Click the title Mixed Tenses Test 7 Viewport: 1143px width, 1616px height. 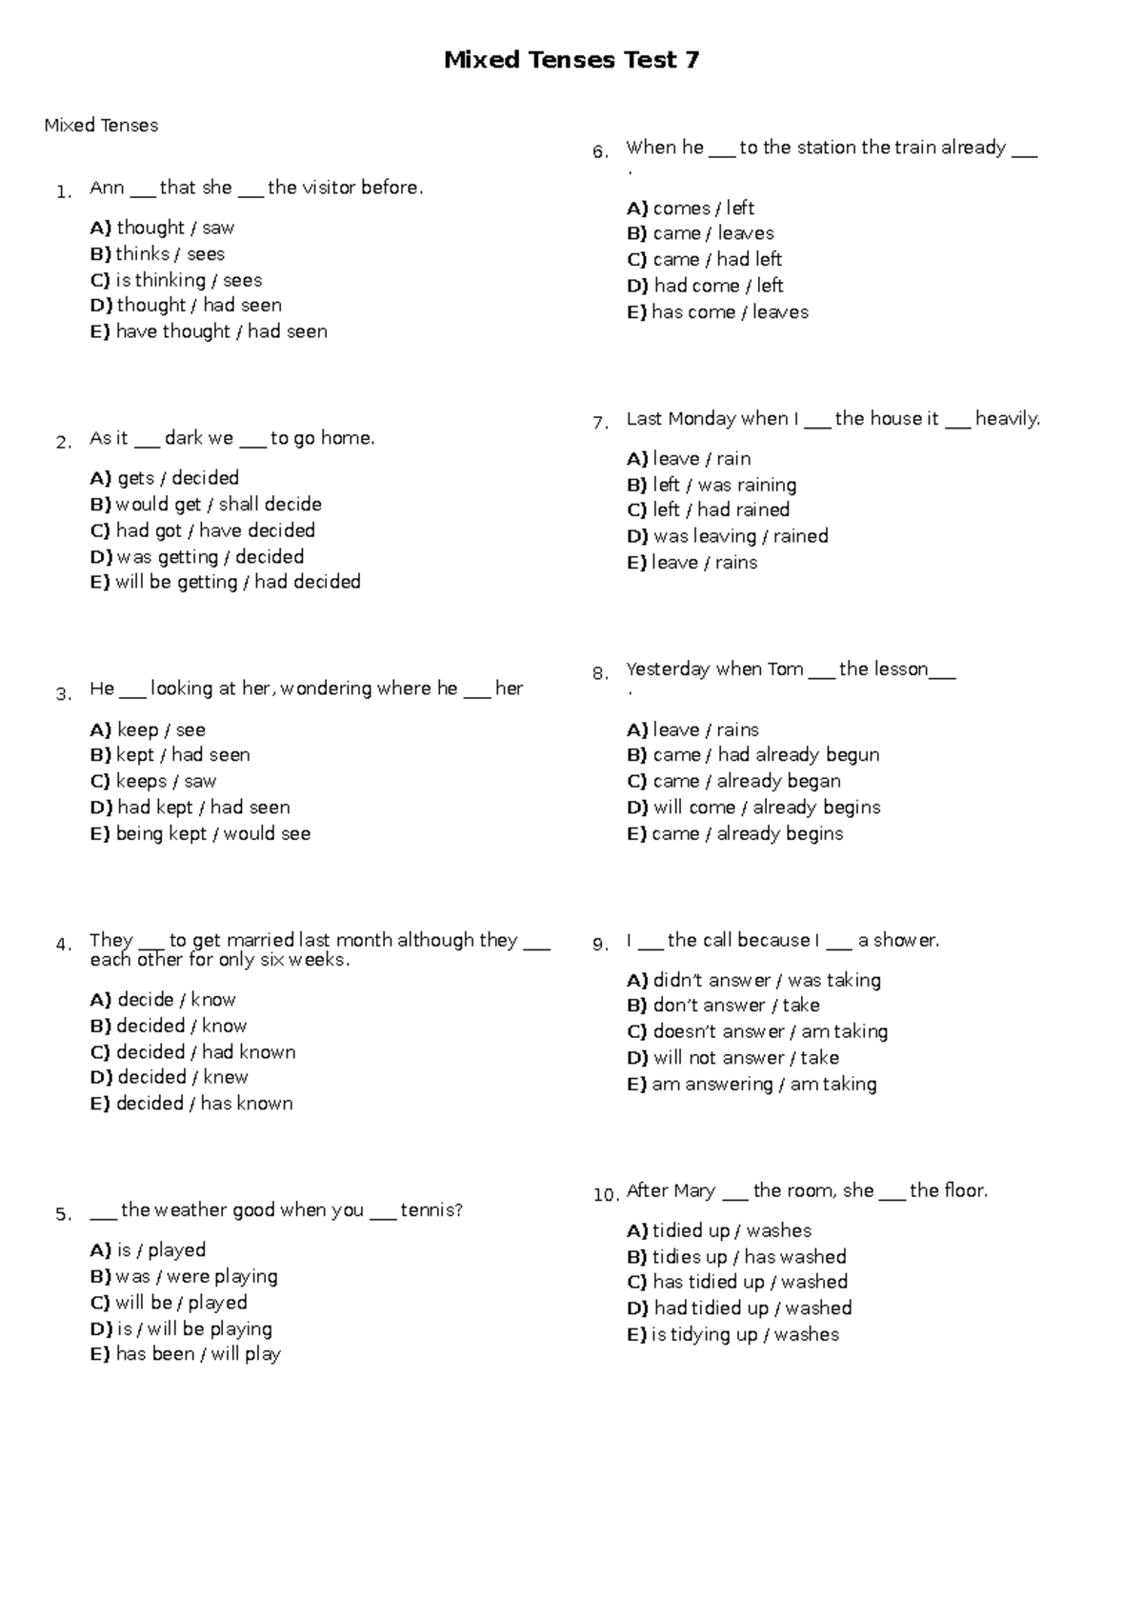pos(571,61)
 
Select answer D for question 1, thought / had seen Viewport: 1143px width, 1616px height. pos(186,306)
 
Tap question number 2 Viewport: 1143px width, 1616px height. pos(63,443)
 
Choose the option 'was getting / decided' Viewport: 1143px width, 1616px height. pos(197,557)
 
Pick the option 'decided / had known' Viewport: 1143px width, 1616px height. pos(192,1052)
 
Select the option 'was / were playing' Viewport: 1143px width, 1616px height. pos(184,1277)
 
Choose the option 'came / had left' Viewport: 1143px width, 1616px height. pos(704,259)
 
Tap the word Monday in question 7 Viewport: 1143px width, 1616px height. pos(702,419)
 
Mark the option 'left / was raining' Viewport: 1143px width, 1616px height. pos(712,485)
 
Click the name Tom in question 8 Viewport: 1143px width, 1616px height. pos(786,669)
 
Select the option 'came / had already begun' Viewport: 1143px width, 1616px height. pos(752,755)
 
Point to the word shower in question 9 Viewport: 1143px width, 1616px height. pos(905,941)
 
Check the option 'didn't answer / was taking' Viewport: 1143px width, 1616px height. pos(753,980)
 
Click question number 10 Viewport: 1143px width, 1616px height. pos(606,1195)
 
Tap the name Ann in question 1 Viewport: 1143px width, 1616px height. pos(107,189)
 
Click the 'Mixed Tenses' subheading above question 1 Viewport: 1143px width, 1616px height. pos(101,126)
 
